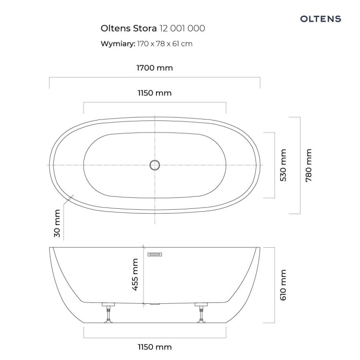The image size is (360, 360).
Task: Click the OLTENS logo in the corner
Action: [321, 19]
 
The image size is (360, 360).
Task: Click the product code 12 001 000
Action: [182, 28]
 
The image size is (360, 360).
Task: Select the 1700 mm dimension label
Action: [155, 68]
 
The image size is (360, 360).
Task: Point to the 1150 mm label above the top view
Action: [155, 93]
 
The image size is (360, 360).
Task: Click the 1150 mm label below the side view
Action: [155, 347]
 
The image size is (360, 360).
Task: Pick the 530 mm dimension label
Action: [283, 165]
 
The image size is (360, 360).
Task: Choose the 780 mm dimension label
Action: [309, 165]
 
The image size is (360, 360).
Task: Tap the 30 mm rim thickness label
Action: [57, 223]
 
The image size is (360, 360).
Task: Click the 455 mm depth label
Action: [135, 275]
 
